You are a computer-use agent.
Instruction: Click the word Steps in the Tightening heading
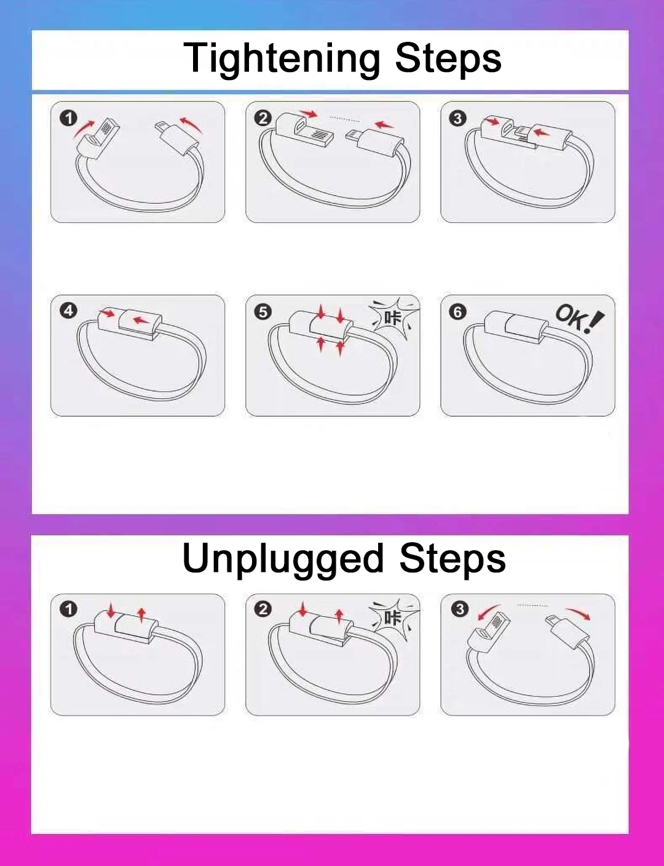pyautogui.click(x=448, y=58)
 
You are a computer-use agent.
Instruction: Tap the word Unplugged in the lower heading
pyautogui.click(x=283, y=559)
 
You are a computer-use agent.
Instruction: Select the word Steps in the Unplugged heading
pyautogui.click(x=453, y=559)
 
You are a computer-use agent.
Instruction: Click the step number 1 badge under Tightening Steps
pyautogui.click(x=68, y=118)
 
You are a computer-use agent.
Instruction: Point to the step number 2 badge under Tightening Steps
pyautogui.click(x=263, y=118)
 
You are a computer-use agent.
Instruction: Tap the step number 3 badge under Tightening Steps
pyautogui.click(x=458, y=118)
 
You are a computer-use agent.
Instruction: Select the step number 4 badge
pyautogui.click(x=68, y=311)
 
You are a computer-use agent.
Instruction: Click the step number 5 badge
pyautogui.click(x=263, y=312)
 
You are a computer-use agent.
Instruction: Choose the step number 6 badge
pyautogui.click(x=458, y=312)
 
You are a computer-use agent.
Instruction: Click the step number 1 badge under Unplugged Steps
pyautogui.click(x=68, y=609)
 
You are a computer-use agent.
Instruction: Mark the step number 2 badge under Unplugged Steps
pyautogui.click(x=263, y=609)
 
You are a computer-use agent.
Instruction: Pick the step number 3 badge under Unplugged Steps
pyautogui.click(x=460, y=609)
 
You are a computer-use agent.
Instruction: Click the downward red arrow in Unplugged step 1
pyautogui.click(x=111, y=610)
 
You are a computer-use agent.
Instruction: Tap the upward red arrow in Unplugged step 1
pyautogui.click(x=141, y=615)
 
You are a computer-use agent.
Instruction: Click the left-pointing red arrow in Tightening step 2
pyautogui.click(x=384, y=125)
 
